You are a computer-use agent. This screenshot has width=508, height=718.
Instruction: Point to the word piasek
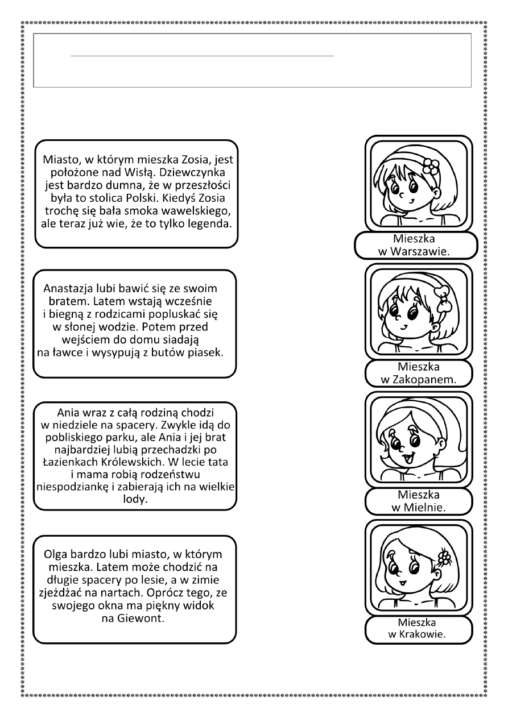point(205,352)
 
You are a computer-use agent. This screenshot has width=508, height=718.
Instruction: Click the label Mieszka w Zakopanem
point(418,373)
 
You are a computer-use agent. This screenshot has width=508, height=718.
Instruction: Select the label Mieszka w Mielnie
point(418,501)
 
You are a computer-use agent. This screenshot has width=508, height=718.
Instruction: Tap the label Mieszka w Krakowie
point(418,628)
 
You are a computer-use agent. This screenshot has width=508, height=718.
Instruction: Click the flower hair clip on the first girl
point(431,166)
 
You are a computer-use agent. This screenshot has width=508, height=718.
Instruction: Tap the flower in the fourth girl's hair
point(444,557)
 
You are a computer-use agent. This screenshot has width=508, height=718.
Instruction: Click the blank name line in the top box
point(202,56)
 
